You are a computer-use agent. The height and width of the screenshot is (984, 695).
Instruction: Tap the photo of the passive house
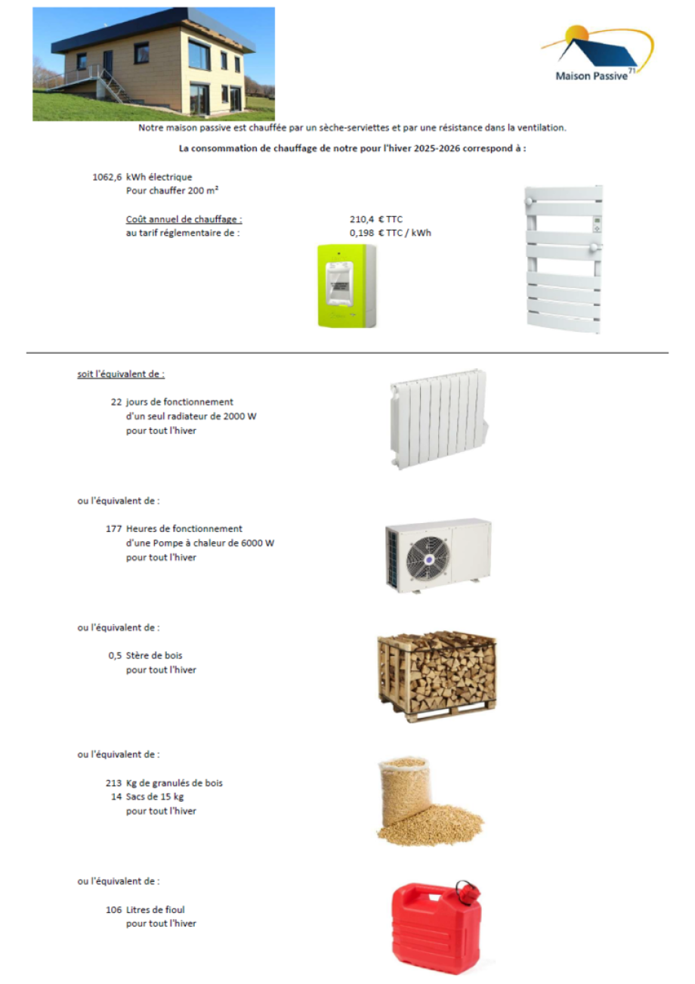pos(153,63)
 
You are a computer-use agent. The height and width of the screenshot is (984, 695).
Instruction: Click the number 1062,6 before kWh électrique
pos(107,177)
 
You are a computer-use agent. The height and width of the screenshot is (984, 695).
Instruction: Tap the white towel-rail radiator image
pos(564,258)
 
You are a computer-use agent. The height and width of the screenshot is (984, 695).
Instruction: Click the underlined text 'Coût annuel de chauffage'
pos(184,219)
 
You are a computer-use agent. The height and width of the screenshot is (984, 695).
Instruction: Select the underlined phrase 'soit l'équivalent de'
pos(121,374)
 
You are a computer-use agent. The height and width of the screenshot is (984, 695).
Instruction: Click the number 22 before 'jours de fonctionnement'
pos(116,402)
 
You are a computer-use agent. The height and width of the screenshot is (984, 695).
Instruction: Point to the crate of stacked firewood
pos(437,676)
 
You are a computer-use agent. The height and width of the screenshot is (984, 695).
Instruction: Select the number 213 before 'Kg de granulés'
pos(114,783)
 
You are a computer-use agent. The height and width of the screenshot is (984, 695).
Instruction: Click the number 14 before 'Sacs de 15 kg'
pos(116,797)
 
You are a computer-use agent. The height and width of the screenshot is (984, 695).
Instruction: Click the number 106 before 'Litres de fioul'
pos(114,909)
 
